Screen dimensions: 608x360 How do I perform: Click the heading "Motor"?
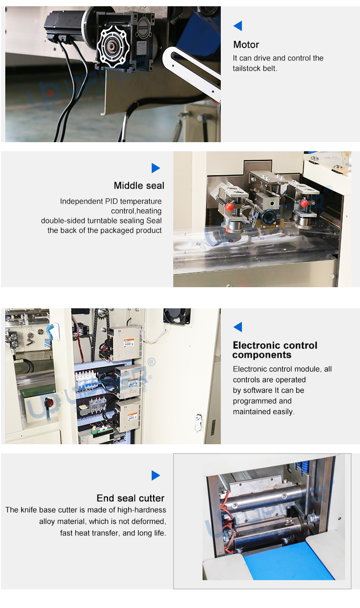(x=246, y=45)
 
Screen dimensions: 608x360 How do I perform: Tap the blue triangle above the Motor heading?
(x=238, y=26)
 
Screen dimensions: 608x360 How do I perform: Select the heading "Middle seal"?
(x=139, y=186)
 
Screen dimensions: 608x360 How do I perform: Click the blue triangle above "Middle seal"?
(x=156, y=168)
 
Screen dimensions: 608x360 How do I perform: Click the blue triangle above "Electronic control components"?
(x=238, y=327)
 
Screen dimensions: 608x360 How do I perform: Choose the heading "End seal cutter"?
(x=131, y=498)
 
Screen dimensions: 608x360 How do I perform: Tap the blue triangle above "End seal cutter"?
(x=156, y=475)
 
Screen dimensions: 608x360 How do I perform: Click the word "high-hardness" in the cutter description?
(x=142, y=510)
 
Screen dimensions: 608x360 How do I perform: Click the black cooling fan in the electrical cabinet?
(x=177, y=316)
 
